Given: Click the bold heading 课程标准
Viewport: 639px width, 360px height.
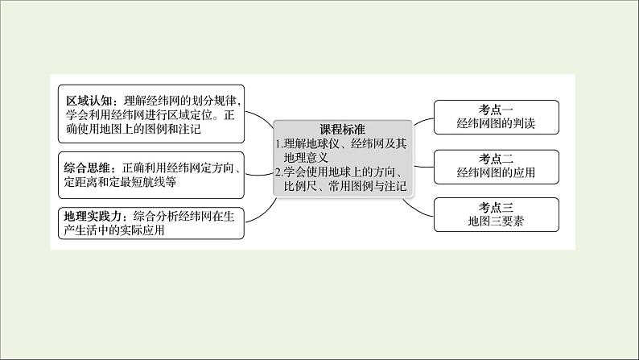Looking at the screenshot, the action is coord(342,130).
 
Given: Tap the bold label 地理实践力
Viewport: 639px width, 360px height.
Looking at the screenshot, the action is coord(95,215).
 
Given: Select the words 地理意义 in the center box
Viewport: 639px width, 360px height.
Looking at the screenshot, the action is coord(310,158).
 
